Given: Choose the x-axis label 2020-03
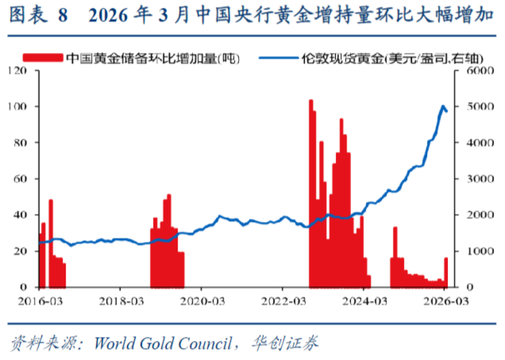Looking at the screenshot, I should tap(199, 300).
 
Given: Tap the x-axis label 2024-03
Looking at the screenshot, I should tap(363, 300).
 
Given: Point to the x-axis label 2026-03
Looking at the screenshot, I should tap(444, 300).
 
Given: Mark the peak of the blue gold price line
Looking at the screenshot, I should tap(443, 106).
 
